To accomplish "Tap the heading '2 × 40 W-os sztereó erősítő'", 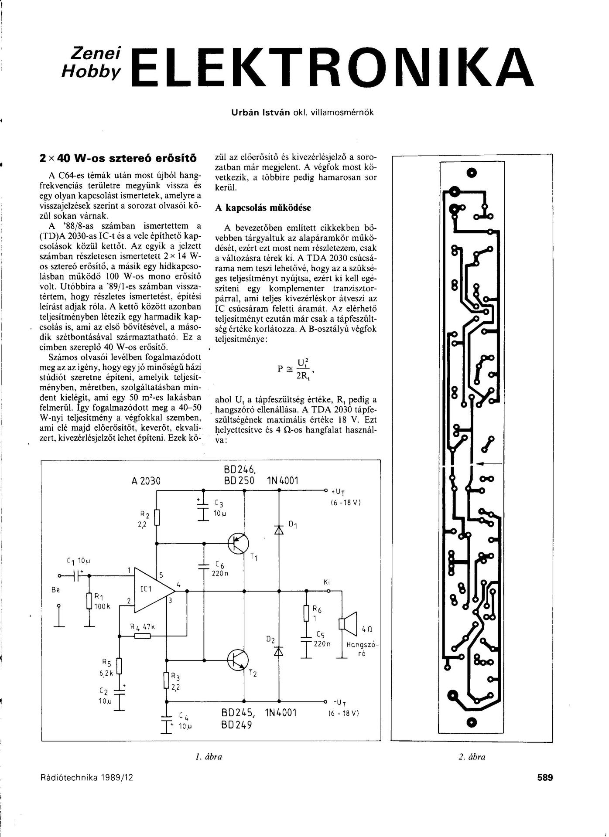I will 118,157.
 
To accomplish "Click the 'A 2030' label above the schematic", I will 146,481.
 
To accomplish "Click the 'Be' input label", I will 56,590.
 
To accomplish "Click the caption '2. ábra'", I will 472,757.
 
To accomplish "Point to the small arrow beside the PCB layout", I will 487,464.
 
